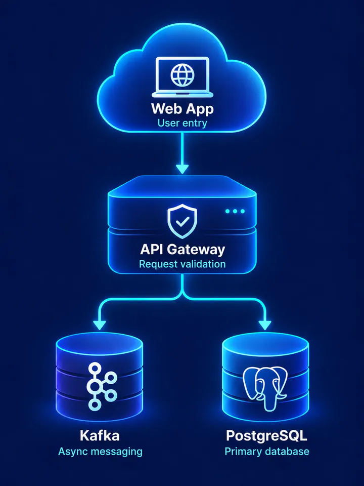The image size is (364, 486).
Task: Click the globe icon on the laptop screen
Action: click(x=183, y=75)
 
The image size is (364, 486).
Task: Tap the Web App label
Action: click(x=183, y=109)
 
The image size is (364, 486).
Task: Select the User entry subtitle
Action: click(x=183, y=123)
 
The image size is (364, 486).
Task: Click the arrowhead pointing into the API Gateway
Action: click(x=183, y=169)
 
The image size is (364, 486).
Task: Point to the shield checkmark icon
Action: click(x=183, y=221)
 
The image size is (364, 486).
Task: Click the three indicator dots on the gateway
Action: click(x=235, y=211)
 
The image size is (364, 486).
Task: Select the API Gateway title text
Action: click(x=183, y=249)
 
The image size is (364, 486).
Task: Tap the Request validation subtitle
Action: click(x=183, y=264)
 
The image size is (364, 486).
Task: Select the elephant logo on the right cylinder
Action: click(x=265, y=388)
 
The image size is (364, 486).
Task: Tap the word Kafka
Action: click(x=100, y=435)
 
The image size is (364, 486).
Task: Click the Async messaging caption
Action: click(x=100, y=452)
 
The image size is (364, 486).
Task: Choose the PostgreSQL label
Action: click(x=266, y=436)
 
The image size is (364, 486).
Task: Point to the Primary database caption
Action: click(x=267, y=451)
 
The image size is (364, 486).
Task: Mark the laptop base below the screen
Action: click(x=183, y=95)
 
